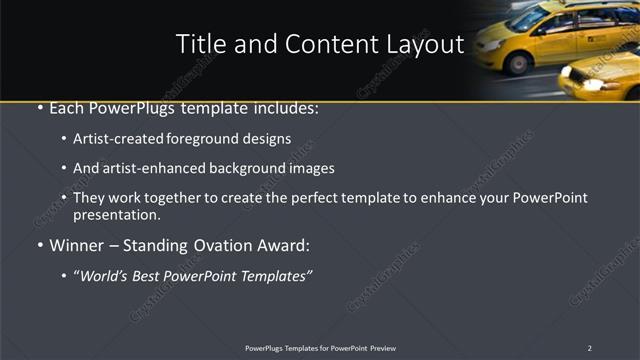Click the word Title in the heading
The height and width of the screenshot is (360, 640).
click(198, 44)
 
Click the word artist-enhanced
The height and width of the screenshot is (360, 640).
click(142, 168)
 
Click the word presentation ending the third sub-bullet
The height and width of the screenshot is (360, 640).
click(115, 214)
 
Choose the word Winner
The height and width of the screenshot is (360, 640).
click(76, 246)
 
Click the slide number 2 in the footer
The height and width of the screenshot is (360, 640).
click(590, 348)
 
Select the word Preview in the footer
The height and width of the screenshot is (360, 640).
click(383, 348)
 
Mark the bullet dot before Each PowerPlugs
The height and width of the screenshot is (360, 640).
click(39, 109)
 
